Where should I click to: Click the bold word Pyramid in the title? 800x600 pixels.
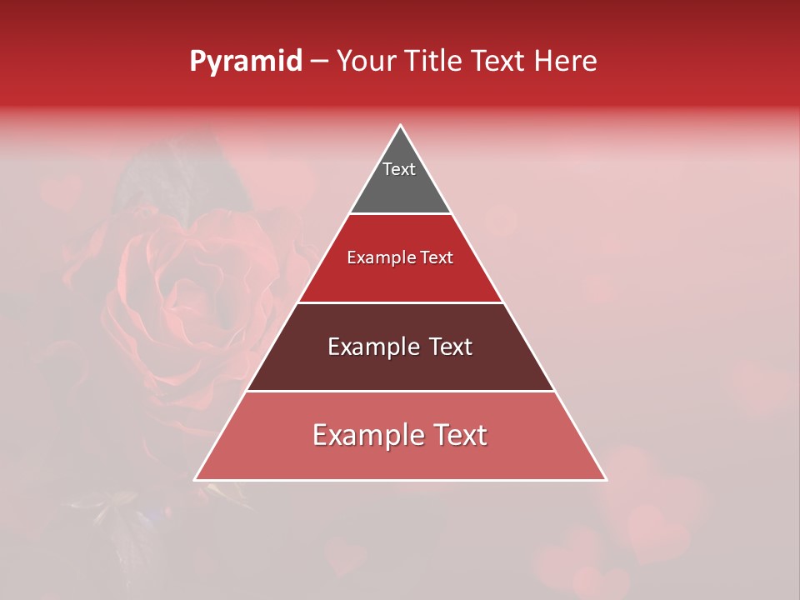click(245, 62)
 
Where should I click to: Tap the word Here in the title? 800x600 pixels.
click(566, 62)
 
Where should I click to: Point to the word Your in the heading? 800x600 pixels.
click(365, 62)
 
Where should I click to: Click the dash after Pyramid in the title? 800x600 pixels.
click(319, 62)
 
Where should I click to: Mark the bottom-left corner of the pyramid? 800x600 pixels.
click(196, 479)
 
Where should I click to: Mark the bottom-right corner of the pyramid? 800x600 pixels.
click(606, 479)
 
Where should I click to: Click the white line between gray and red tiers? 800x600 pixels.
click(400, 214)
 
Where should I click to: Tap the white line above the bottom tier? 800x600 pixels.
click(400, 391)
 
